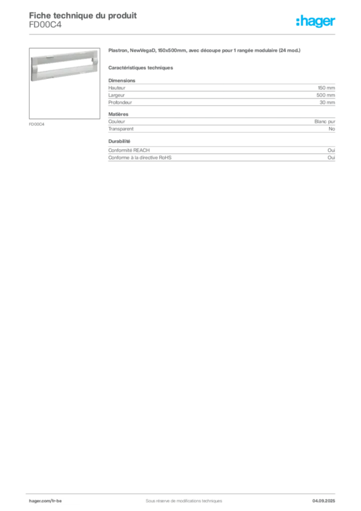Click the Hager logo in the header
click(x=316, y=21)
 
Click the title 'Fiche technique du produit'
click(x=83, y=15)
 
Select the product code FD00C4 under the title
click(x=45, y=25)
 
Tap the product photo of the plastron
click(x=64, y=83)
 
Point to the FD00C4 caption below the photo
click(x=36, y=124)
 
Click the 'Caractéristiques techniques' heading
click(x=141, y=68)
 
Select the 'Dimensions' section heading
click(x=122, y=80)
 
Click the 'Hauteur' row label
click(x=117, y=88)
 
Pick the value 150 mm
click(x=327, y=88)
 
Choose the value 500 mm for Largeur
click(x=326, y=95)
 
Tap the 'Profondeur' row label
click(x=120, y=102)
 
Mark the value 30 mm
click(x=327, y=102)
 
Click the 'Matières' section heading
click(x=119, y=114)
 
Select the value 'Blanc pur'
click(x=325, y=122)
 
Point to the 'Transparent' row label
click(x=121, y=129)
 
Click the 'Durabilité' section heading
click(x=120, y=141)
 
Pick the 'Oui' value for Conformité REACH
click(x=332, y=150)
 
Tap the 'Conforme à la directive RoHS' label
click(x=140, y=157)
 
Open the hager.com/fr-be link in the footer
click(x=45, y=501)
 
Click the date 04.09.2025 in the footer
click(x=324, y=501)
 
